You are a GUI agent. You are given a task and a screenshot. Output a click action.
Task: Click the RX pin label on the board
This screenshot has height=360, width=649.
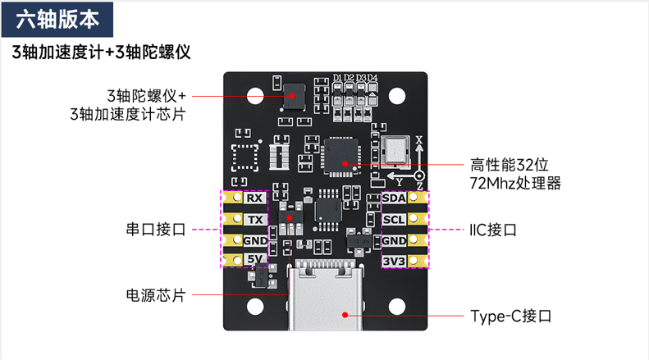pos(255,198)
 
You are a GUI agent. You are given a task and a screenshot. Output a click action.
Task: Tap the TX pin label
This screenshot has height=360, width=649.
pos(255,220)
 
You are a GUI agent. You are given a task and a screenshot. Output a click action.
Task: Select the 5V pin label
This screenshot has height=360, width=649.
pos(255,260)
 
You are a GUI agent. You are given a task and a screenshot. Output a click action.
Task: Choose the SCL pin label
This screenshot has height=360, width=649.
pos(394,220)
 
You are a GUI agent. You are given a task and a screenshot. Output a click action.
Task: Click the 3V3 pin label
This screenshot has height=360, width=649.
pos(394,262)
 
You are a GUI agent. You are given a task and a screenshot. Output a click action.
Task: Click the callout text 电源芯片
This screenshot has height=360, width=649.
pos(156,294)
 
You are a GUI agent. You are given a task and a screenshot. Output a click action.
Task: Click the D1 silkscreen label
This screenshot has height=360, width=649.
pos(337,79)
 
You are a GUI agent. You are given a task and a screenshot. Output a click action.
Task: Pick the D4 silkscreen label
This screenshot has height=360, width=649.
pos(372,79)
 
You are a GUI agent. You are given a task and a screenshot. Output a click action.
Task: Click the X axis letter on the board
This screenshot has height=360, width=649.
pos(419,141)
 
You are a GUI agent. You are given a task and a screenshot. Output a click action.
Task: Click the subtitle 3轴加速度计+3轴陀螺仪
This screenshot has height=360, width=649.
pos(102,53)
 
